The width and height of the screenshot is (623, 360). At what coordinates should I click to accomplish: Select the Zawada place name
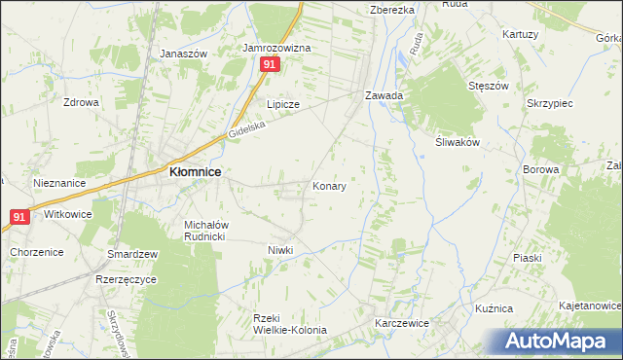tap(384, 96)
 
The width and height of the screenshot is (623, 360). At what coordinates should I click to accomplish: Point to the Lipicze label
tap(283, 104)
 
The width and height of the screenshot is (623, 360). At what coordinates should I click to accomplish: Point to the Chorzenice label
tap(37, 252)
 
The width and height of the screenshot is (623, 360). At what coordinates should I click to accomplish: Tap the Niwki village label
tap(280, 250)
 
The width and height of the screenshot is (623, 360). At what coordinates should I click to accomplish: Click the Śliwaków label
tap(458, 140)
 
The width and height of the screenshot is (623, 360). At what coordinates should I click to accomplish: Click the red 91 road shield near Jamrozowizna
tap(271, 64)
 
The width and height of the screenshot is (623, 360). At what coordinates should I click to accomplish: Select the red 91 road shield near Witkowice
tap(19, 217)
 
